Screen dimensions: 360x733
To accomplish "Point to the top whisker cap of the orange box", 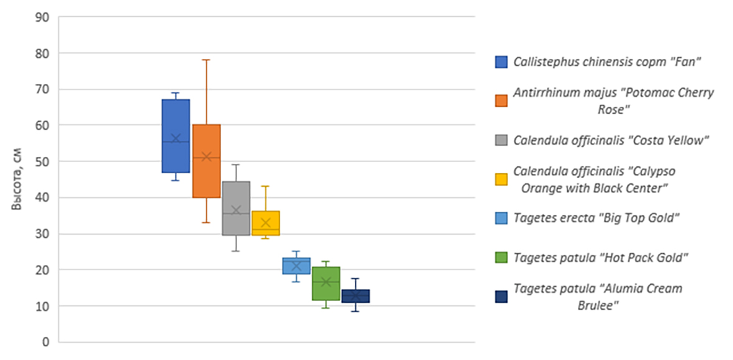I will pos(206,60).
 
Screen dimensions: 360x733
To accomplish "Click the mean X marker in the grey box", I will pos(236,210).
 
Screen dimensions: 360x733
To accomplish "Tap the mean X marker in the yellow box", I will pos(266,222).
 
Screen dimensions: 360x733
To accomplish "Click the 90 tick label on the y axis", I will pos(42,17).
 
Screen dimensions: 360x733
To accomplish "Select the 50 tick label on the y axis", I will pos(42,161).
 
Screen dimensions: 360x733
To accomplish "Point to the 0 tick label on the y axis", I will pos(45,342).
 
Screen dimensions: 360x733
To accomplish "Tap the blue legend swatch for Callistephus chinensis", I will pos(501,62).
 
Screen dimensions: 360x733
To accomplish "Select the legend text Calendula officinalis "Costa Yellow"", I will pos(611,140).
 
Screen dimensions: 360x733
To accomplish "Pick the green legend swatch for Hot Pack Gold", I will pos(501,257).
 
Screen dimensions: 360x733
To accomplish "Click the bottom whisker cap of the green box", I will pos(326,308).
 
